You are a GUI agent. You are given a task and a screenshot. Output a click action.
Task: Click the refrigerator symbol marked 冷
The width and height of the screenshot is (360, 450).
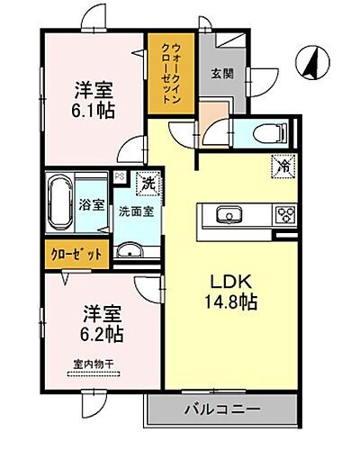point(282,166)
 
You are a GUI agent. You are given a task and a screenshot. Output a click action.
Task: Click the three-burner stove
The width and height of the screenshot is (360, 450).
point(286,214)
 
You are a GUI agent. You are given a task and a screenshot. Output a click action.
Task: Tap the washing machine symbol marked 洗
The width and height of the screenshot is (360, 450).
point(147,184)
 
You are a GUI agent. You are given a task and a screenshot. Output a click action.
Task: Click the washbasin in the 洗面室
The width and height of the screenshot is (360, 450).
point(132,249)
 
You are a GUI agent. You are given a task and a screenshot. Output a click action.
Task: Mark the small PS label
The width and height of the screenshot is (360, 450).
point(118,176)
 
